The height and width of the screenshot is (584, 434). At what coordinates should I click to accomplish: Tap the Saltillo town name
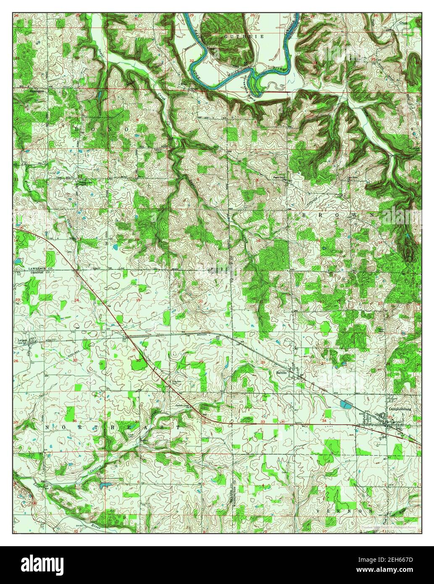point(281,372)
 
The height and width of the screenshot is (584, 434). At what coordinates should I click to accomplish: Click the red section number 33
point(263,421)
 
